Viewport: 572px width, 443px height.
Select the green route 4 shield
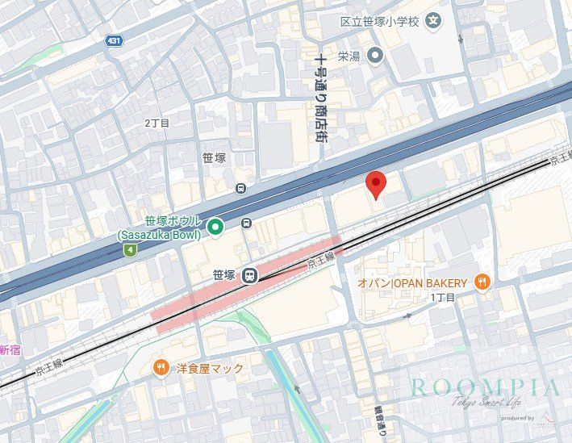point(129,250)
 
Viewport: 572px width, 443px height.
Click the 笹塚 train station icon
point(251,275)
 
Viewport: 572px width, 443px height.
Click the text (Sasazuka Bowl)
point(158,235)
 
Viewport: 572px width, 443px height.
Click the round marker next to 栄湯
point(374,55)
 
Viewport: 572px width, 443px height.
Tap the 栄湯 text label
point(349,56)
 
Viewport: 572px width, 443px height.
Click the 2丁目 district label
point(157,123)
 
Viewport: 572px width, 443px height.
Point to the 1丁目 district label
point(442,298)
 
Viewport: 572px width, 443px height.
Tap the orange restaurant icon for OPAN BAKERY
point(482,282)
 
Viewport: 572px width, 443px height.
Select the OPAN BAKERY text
point(412,282)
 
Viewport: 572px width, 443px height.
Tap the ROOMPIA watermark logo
point(484,387)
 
